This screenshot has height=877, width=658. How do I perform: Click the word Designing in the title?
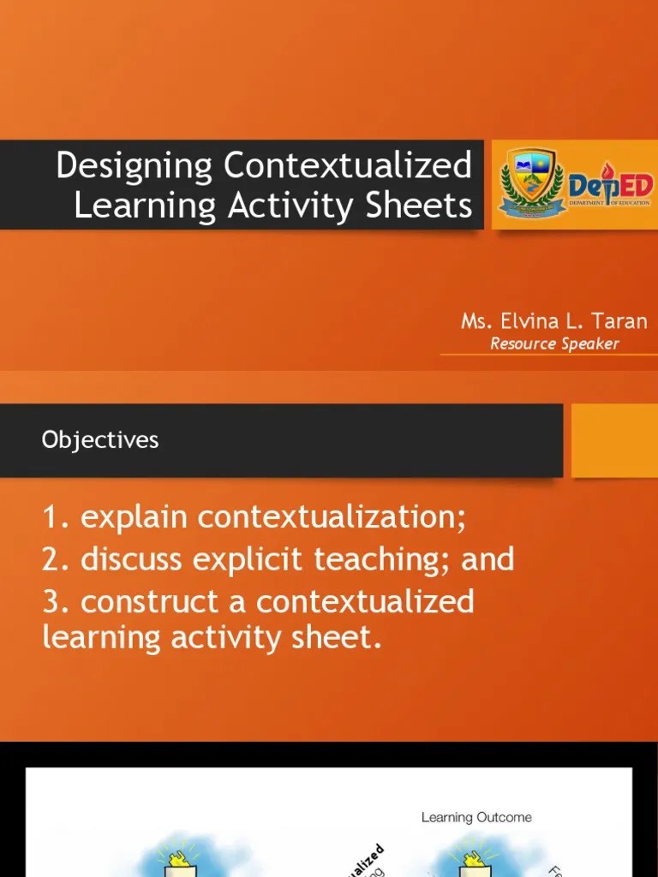[x=134, y=165]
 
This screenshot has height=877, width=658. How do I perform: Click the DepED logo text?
[x=611, y=185]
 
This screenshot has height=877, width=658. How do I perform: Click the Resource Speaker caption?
[x=553, y=344]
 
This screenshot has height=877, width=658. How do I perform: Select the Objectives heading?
[x=100, y=440]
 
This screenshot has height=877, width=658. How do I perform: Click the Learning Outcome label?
[x=476, y=817]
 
